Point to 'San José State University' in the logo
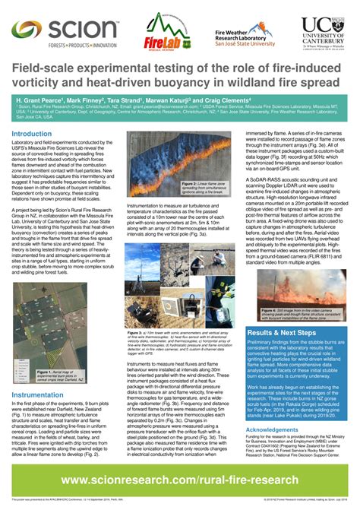(244, 43)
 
